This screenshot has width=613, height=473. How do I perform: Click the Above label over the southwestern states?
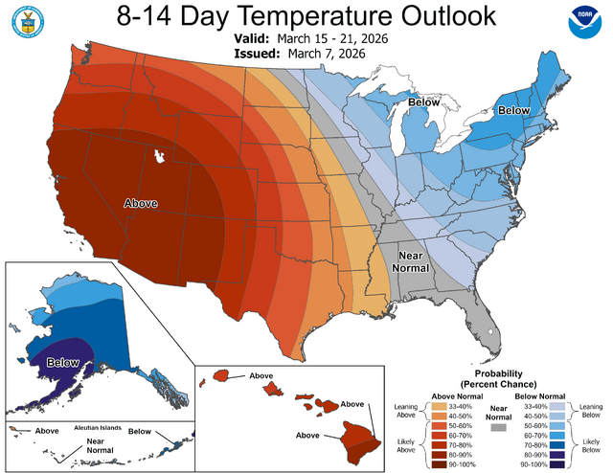click(x=140, y=203)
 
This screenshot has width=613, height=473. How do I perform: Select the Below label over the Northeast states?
click(x=515, y=111)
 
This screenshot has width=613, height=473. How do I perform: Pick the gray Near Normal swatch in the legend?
click(x=498, y=430)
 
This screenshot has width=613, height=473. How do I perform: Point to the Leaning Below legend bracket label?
click(x=590, y=411)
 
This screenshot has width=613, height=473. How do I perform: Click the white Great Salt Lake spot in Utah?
click(x=159, y=153)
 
